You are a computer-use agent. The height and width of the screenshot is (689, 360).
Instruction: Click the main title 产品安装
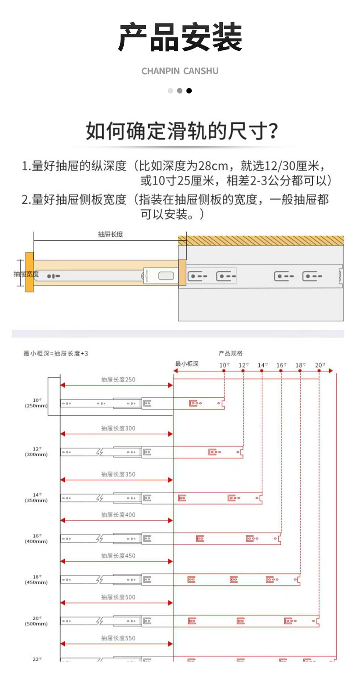(180, 38)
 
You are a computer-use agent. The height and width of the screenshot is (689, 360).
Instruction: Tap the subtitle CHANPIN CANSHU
(180, 71)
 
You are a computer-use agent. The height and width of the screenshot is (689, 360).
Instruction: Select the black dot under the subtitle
(189, 90)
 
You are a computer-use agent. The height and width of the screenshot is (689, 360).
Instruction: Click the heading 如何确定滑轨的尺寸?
(182, 131)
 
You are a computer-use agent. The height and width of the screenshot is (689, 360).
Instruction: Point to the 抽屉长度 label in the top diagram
(110, 234)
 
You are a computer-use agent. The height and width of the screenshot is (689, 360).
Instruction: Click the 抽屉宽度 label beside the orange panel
(26, 274)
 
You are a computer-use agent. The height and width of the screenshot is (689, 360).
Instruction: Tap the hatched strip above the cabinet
(261, 240)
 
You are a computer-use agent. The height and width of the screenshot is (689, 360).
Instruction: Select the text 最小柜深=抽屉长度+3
(56, 353)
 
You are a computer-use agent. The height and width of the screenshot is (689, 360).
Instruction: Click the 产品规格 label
(230, 353)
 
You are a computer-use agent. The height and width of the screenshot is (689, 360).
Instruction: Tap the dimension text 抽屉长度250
(118, 379)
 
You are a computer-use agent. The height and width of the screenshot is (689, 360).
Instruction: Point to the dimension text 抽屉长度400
(118, 514)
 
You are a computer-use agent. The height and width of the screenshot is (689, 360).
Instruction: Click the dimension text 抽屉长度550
(118, 638)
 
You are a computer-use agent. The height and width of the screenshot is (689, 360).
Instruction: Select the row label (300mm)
(36, 455)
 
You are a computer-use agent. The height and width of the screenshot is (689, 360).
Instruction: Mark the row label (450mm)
(36, 582)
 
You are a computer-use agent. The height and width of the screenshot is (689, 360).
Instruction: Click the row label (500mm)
(36, 624)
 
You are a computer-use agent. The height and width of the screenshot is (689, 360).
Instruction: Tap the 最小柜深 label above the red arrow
(187, 364)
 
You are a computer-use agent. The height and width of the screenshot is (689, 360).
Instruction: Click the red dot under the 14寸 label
(262, 371)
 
